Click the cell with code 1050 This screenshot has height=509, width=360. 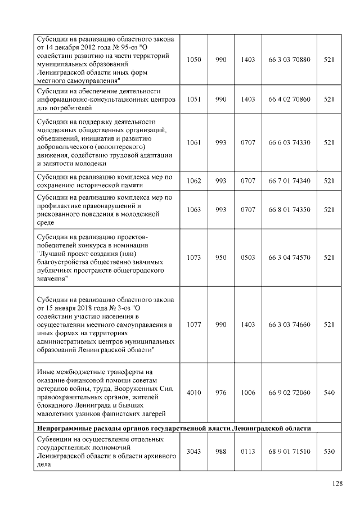tap(193, 60)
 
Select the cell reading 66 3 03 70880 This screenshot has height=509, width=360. tap(289, 60)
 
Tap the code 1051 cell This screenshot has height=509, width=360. tap(193, 99)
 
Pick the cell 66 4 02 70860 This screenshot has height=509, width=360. tap(289, 99)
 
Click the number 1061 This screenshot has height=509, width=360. tap(193, 143)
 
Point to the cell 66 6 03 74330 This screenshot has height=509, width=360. tap(289, 143)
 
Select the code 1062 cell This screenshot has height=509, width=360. tap(193, 181)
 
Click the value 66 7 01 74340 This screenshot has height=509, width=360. tap(289, 181)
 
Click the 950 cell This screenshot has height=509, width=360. tap(221, 258)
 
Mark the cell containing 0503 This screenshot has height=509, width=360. tap(247, 258)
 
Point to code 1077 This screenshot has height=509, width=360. tap(193, 325)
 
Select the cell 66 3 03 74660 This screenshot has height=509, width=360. tap(289, 325)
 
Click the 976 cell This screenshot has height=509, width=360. tap(221, 393)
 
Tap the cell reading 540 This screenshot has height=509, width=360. tap(330, 393)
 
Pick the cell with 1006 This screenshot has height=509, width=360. tap(247, 393)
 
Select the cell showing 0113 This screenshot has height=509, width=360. tap(247, 451)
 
